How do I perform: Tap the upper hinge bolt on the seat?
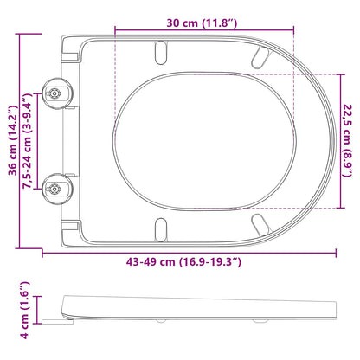[x=54, y=93]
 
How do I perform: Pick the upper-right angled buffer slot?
[x=259, y=58]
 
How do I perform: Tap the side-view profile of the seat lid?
[x=199, y=308]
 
